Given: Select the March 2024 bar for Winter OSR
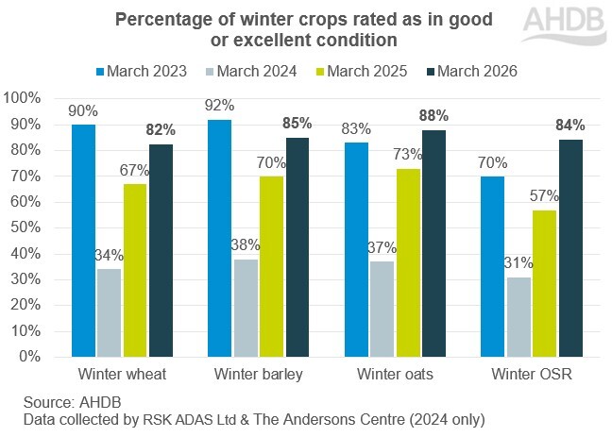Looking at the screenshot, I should pyautogui.click(x=519, y=316).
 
